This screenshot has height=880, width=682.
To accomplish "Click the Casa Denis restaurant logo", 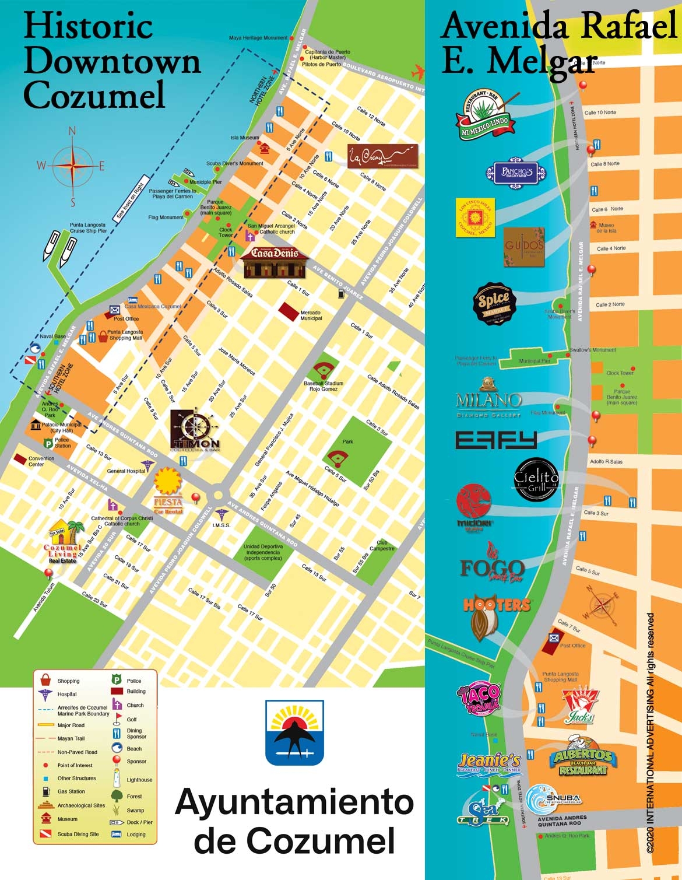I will [274, 262].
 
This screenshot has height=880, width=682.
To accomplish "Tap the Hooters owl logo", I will [496, 616].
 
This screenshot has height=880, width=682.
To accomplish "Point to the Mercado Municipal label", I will [311, 315].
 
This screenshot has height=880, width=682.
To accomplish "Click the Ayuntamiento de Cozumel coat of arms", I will [294, 732].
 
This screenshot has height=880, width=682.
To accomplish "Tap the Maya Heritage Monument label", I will [258, 38].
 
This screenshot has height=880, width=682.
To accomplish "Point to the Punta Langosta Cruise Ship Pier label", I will [88, 227].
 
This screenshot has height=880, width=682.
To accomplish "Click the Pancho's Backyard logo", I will [516, 171].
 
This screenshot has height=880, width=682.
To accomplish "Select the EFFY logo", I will [495, 440].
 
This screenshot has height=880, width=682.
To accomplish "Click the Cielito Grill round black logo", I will [536, 480].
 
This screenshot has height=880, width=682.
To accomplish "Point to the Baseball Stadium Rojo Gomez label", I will [323, 386].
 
